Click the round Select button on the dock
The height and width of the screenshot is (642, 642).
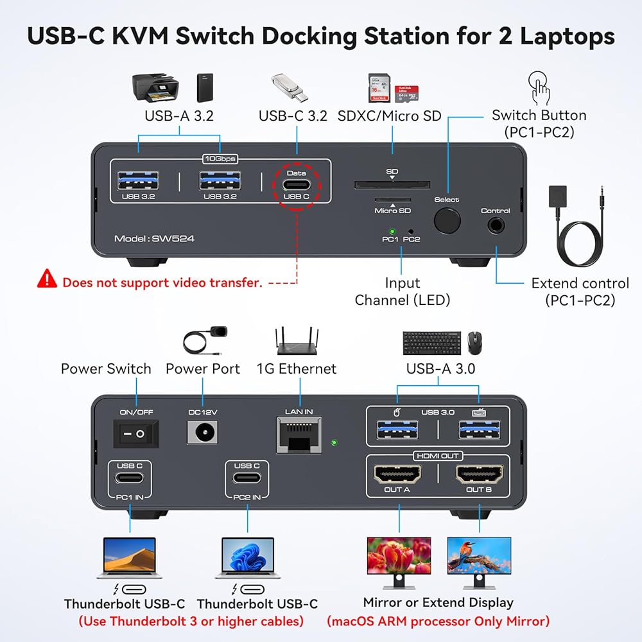[447, 221]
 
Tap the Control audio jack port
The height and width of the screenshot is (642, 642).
[496, 225]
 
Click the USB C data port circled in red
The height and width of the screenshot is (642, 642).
[297, 185]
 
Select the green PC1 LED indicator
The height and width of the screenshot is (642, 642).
[392, 231]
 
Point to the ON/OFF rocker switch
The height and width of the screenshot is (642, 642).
[135, 433]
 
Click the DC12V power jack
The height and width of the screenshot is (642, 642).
[203, 432]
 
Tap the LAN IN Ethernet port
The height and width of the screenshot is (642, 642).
[299, 435]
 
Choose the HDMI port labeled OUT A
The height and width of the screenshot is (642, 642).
[397, 474]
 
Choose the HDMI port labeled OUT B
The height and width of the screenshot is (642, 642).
[479, 474]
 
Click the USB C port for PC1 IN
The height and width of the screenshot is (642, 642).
[130, 478]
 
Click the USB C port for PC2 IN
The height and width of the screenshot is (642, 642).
[247, 478]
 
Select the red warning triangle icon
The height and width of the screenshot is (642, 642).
[47, 279]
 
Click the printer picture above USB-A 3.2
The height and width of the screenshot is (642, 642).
[155, 87]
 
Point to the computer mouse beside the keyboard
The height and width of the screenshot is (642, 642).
[474, 342]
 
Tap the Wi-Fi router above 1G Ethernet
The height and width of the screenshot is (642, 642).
[297, 341]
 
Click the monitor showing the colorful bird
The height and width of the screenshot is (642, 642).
[479, 563]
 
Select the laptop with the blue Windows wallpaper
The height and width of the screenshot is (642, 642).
[248, 558]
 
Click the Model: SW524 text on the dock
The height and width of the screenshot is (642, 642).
[154, 239]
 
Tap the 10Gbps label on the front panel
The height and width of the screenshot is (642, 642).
[220, 159]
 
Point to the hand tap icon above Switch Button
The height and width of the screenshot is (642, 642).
[539, 88]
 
